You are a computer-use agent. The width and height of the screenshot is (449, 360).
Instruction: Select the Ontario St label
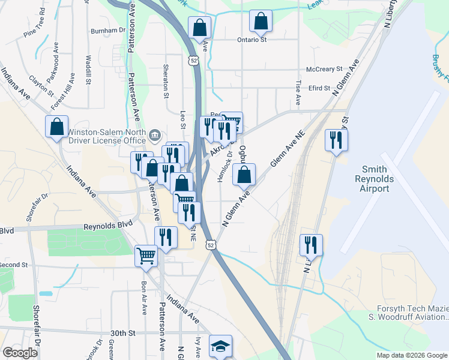click(x=252, y=40)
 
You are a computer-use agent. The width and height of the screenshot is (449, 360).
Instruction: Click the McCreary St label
click(x=324, y=69)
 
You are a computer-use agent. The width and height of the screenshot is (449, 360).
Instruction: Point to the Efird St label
click(x=319, y=88)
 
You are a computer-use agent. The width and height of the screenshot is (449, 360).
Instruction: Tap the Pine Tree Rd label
click(x=34, y=24)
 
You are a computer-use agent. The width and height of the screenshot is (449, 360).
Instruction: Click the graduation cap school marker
click(x=220, y=346)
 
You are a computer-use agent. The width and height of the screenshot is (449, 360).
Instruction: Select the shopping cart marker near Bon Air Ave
click(x=146, y=256)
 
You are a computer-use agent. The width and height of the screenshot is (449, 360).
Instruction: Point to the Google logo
click(x=20, y=353)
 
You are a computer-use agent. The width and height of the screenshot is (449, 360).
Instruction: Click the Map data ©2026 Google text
click(x=411, y=355)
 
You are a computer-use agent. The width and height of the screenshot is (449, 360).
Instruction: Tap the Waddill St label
click(x=88, y=70)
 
